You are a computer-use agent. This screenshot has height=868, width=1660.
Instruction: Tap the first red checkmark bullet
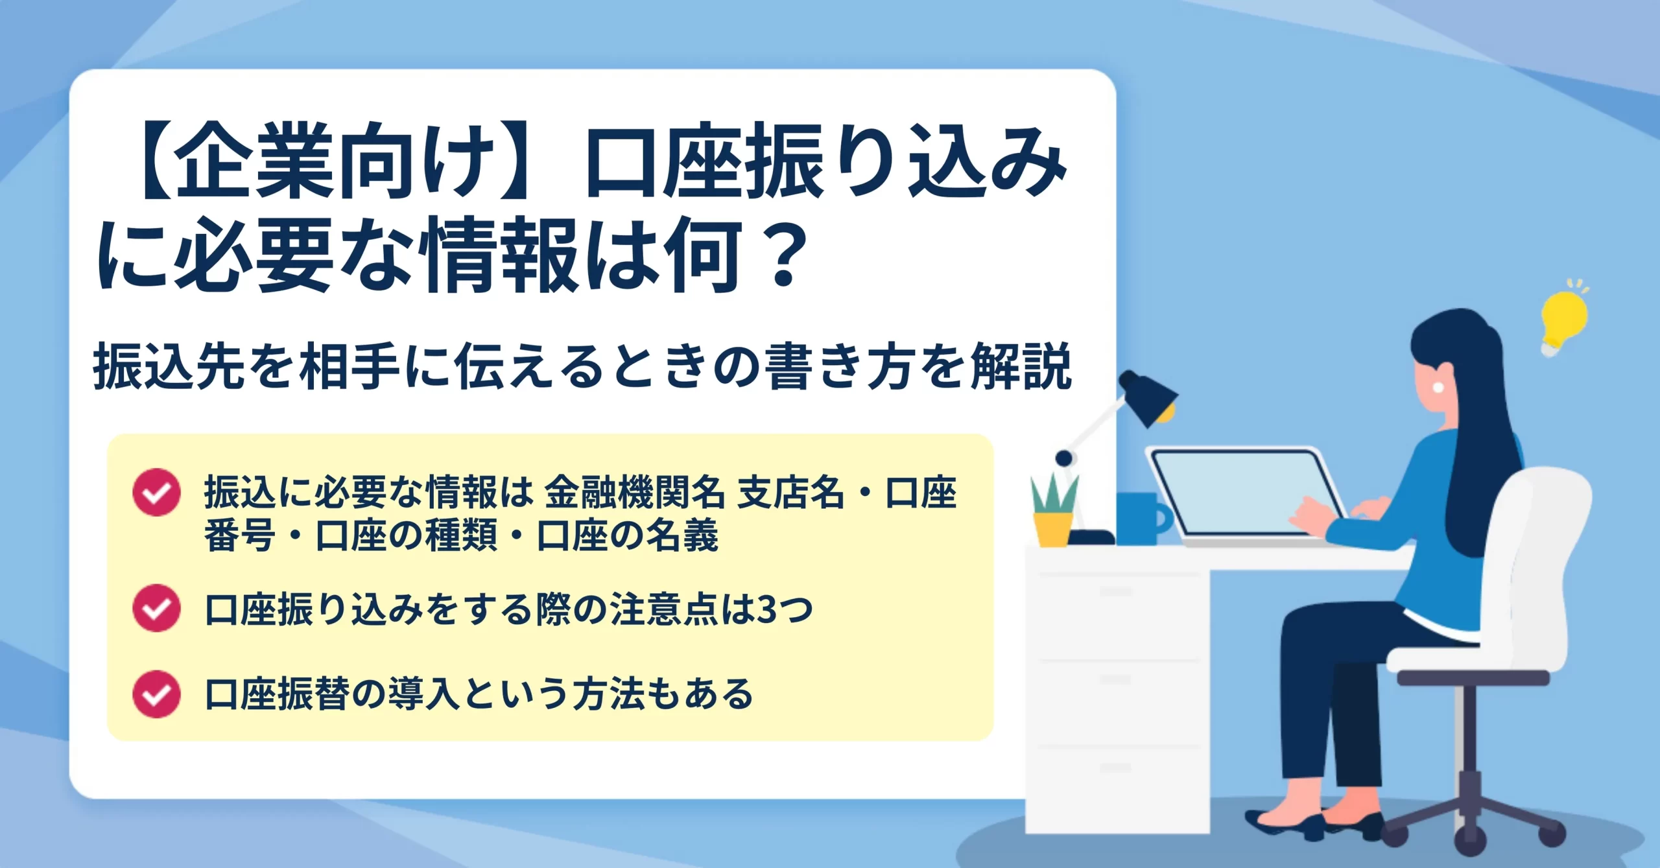[156, 492]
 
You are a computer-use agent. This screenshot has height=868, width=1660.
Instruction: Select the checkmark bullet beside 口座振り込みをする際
[156, 608]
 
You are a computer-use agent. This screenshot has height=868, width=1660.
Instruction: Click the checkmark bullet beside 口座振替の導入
[156, 694]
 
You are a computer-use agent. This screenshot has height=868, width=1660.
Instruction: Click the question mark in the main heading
[784, 255]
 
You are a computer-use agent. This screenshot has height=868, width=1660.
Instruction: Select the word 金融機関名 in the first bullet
[634, 493]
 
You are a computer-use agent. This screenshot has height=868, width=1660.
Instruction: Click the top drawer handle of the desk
[1116, 591]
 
